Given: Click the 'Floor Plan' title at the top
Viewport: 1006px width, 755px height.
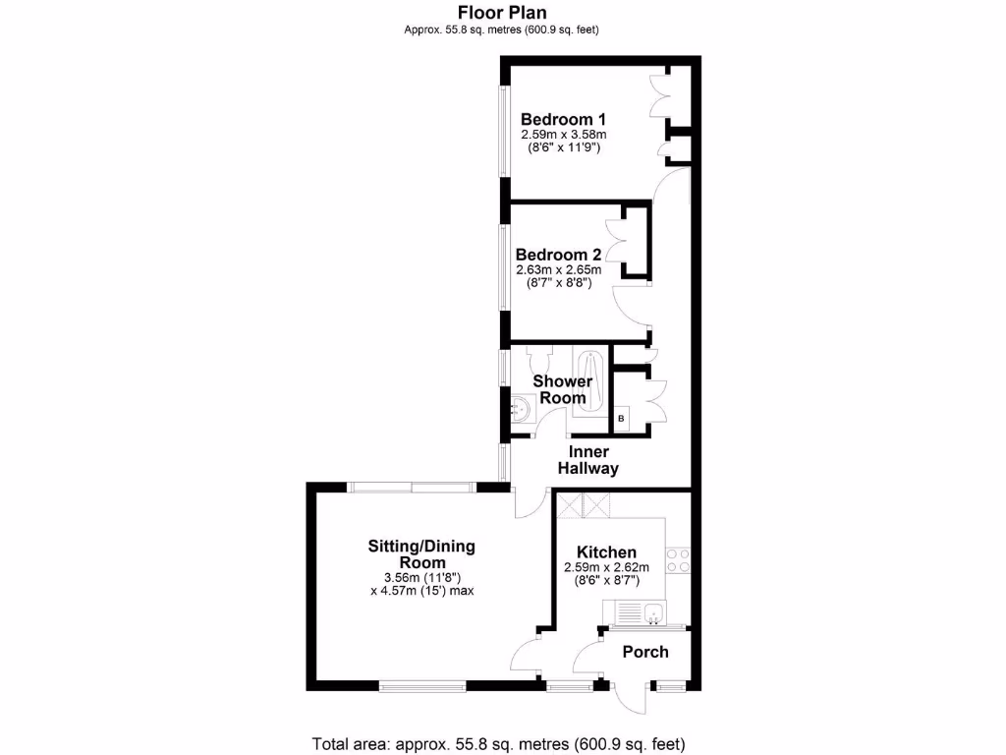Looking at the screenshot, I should pyautogui.click(x=502, y=13).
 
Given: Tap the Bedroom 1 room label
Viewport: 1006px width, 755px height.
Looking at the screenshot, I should pyautogui.click(x=563, y=118).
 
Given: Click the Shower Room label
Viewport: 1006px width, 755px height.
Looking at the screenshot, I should pyautogui.click(x=563, y=389).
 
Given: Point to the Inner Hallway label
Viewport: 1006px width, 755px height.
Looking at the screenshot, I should pyautogui.click(x=588, y=460).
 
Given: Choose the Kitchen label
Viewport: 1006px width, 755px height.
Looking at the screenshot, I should pyautogui.click(x=606, y=552).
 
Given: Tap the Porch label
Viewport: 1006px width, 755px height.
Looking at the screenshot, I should pyautogui.click(x=645, y=652).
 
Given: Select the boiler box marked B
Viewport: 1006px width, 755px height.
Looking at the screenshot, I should pyautogui.click(x=621, y=420).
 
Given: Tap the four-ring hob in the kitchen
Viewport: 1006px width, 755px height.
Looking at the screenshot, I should pyautogui.click(x=678, y=560).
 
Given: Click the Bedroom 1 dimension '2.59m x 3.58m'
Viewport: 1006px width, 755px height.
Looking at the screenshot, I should pyautogui.click(x=563, y=134).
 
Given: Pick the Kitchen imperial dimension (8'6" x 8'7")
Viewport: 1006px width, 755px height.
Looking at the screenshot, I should pyautogui.click(x=606, y=581).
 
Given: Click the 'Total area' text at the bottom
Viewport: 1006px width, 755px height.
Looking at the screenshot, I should pyautogui.click(x=498, y=743).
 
